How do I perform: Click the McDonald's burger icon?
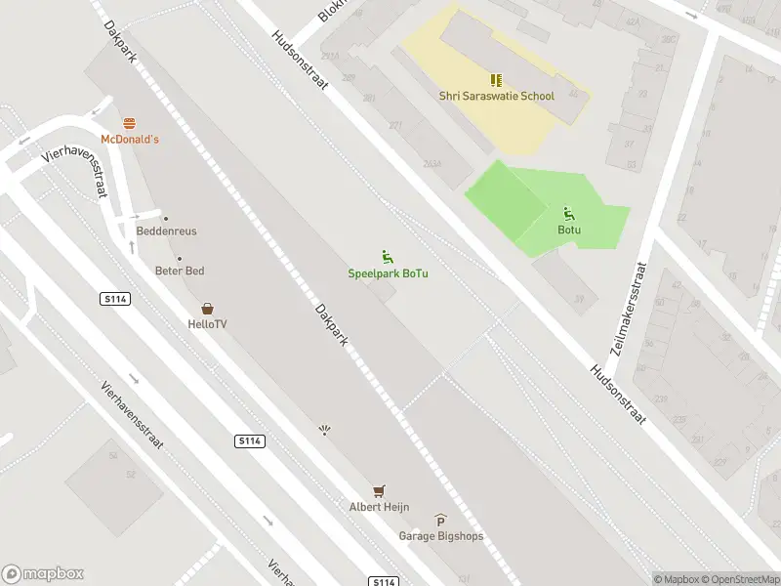[x=130, y=122]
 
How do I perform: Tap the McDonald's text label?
[x=130, y=140]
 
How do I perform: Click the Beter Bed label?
[x=180, y=271]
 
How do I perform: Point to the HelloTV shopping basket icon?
[x=207, y=309]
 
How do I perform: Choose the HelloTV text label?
[x=207, y=324]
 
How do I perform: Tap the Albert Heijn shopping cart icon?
[x=379, y=490]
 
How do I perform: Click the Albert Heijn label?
[x=379, y=507]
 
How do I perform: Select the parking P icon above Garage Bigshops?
[x=440, y=521]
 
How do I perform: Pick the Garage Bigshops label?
[x=440, y=536]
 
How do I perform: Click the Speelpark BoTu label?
[x=389, y=273]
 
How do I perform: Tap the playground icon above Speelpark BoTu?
[x=388, y=257]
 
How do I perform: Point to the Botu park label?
[x=569, y=230]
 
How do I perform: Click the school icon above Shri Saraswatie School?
[x=496, y=80]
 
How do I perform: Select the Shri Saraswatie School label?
[x=496, y=97]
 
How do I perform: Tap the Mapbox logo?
[x=43, y=574]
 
